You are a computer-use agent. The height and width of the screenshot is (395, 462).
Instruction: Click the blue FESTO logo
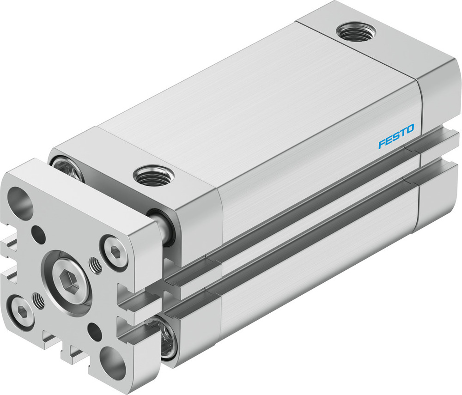396,137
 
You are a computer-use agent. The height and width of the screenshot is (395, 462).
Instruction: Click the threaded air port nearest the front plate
153,176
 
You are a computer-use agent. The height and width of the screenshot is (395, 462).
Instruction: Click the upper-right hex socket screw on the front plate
114,252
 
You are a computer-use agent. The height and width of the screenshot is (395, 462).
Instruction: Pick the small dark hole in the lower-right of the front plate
96,331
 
